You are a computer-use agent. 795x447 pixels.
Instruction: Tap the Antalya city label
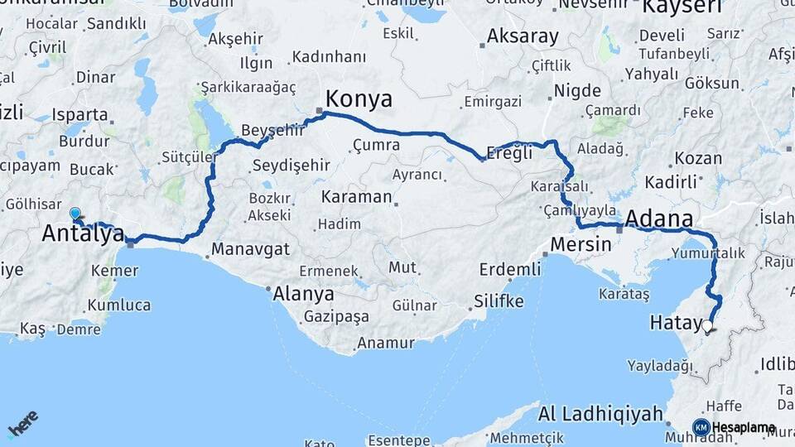[x=83, y=233]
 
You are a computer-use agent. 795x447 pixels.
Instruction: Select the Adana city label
[x=659, y=219]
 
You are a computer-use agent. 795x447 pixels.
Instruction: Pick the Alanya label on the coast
[x=304, y=294]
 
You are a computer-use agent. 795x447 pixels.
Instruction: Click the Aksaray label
[x=523, y=36]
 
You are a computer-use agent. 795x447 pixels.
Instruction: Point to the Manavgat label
[x=250, y=248]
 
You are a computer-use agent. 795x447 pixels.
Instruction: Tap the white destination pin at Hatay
[x=707, y=326]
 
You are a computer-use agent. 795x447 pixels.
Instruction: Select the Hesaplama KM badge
[x=734, y=427]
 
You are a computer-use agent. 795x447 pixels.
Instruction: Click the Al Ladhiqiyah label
[x=600, y=413]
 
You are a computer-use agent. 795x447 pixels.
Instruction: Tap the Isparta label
[x=79, y=114]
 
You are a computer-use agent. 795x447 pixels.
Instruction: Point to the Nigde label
[x=577, y=89]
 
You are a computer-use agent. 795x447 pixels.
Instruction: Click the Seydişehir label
[x=291, y=165]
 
